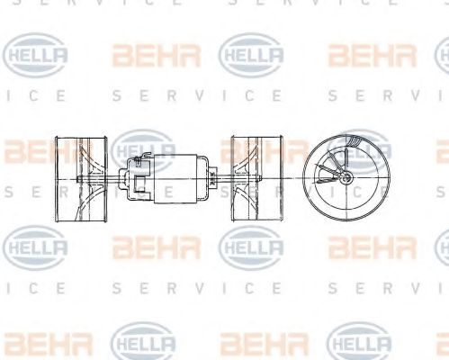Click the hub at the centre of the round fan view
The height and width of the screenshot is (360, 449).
(x=344, y=179)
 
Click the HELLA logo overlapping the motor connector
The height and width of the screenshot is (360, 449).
(x=144, y=149)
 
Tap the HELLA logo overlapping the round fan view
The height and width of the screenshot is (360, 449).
(x=360, y=148)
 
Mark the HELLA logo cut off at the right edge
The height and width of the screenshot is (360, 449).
(x=441, y=244)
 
